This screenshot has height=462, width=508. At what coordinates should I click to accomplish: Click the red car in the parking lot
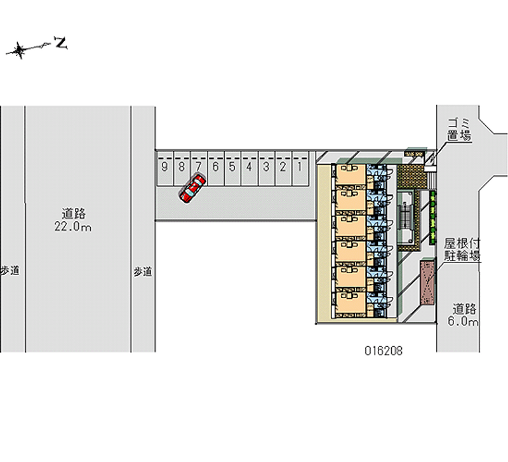[x=192, y=189]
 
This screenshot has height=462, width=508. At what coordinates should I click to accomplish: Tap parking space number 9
[x=164, y=168]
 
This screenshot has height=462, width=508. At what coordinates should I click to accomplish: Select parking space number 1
[x=298, y=168]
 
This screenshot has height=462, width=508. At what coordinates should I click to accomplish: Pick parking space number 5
[x=232, y=168]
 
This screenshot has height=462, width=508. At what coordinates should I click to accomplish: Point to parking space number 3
[x=265, y=168]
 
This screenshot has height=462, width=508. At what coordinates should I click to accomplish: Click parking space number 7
[x=198, y=168]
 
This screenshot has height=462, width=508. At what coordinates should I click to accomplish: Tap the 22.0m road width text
[x=74, y=227]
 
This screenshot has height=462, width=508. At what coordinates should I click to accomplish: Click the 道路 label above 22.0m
[x=74, y=214]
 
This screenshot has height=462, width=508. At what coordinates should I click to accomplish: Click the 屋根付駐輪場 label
[x=462, y=250]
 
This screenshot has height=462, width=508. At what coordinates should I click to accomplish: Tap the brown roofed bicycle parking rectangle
[x=428, y=282]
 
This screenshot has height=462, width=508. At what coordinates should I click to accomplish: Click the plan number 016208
[x=383, y=350]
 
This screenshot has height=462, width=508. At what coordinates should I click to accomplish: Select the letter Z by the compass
[x=61, y=43]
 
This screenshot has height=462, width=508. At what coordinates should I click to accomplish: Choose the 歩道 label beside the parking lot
[x=143, y=271]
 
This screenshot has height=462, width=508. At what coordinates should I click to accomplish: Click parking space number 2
[x=282, y=168]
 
